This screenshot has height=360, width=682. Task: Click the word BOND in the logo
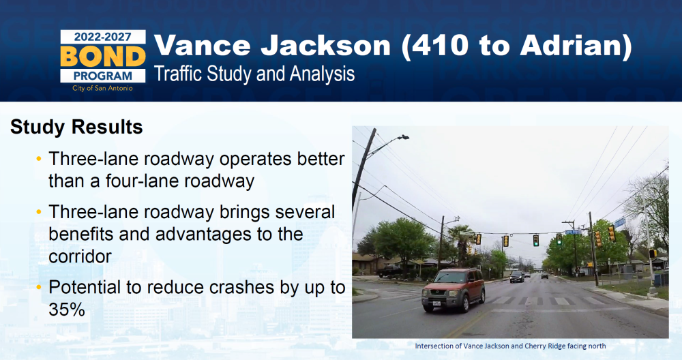tap(103, 57)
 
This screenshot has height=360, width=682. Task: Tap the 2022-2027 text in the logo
tap(103, 37)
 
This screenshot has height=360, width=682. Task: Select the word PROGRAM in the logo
tap(103, 76)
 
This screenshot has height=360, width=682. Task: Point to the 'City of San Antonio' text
tap(103, 88)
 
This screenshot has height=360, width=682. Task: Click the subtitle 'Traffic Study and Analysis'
tap(254, 74)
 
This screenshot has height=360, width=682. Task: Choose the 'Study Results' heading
tap(76, 127)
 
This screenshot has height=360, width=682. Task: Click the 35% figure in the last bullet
tap(67, 310)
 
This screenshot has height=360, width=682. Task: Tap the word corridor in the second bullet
tap(80, 256)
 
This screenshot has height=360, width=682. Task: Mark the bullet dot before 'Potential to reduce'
tap(39, 288)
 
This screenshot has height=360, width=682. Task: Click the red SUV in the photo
tap(454, 290)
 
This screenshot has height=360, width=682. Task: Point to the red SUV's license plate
tap(436, 305)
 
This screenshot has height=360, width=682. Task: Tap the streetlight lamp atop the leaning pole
tap(404, 137)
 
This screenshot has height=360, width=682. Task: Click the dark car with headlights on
tap(517, 277)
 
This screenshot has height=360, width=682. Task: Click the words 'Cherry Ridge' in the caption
tap(545, 346)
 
